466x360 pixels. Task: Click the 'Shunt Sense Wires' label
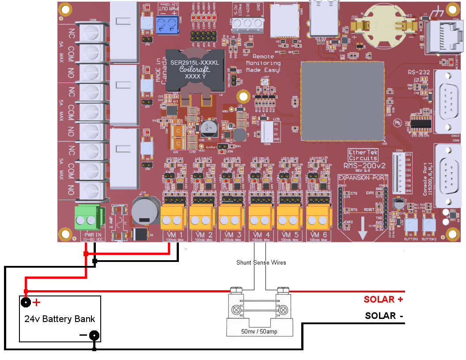click(261, 262)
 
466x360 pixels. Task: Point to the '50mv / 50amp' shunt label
click(259, 331)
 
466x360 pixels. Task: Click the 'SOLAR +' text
click(383, 299)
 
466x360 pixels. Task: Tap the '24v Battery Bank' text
click(60, 319)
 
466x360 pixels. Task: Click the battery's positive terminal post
click(26, 303)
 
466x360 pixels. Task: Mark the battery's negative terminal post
click(94, 335)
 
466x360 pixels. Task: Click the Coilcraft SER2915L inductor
click(194, 70)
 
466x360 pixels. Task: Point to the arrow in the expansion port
click(363, 229)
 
